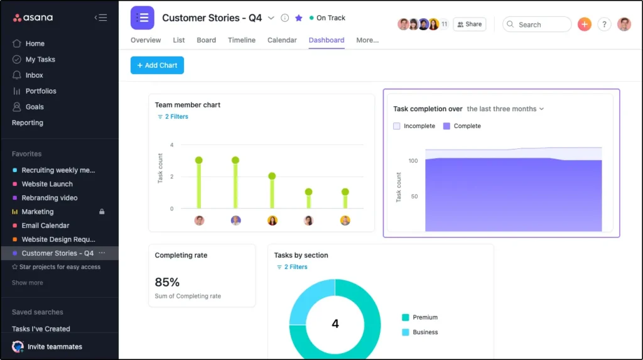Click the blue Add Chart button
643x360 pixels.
[x=157, y=65]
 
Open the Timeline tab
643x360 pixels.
[x=241, y=40]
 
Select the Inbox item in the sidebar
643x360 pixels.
[x=34, y=75]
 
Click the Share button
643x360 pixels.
[x=470, y=25]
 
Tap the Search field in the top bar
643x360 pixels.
[x=537, y=25]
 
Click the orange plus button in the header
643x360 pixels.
[x=585, y=25]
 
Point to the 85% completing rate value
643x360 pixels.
[x=167, y=282]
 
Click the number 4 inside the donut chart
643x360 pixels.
[x=335, y=324]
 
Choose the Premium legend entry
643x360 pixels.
[x=424, y=317]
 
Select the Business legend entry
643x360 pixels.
[x=424, y=332]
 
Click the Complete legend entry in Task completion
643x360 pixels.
[x=467, y=126]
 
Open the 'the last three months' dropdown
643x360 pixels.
[x=505, y=109]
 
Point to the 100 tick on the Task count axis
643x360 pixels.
[x=413, y=161]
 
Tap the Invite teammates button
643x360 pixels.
[x=54, y=347]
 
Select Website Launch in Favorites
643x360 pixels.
[x=47, y=184]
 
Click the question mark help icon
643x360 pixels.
[x=604, y=25]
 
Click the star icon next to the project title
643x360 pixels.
[x=298, y=18]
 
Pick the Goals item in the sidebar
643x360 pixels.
[x=35, y=107]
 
